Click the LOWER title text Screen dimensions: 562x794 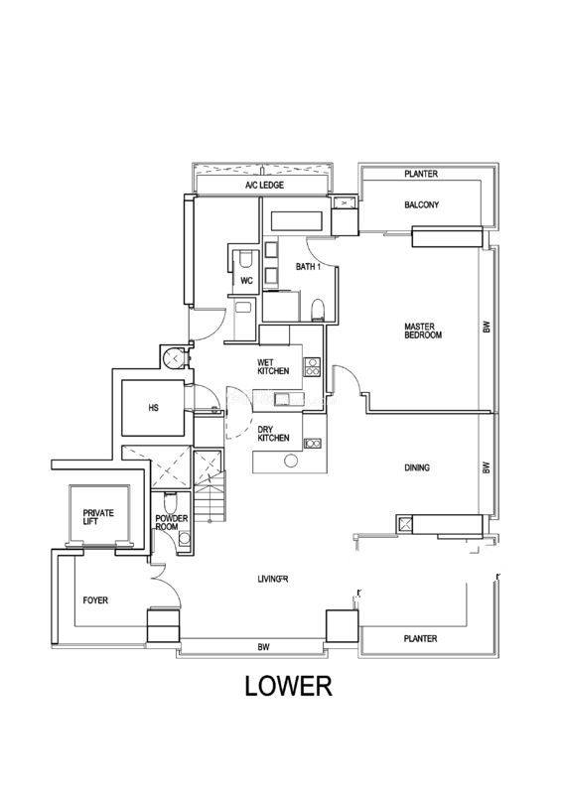coord(288,687)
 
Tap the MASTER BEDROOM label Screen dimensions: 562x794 coord(423,331)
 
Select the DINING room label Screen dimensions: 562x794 coord(417,467)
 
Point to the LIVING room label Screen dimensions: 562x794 coord(273,579)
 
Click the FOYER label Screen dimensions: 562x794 coord(95,600)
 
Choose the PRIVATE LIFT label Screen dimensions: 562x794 coord(98,517)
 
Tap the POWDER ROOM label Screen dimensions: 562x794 coord(172,523)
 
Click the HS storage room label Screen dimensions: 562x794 coord(153,407)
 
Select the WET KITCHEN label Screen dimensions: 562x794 coord(273,366)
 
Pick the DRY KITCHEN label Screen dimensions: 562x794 coord(273,434)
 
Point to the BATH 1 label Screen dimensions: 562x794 coord(308,266)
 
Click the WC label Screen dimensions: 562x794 coord(247,281)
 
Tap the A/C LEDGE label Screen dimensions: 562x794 coord(264,186)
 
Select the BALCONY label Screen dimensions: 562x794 coord(422,204)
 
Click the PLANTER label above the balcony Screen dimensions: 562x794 coord(421,174)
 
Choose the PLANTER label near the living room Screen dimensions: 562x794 coord(421,638)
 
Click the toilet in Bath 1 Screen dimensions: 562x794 coord(317,310)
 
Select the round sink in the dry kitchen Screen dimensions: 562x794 coord(291,461)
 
